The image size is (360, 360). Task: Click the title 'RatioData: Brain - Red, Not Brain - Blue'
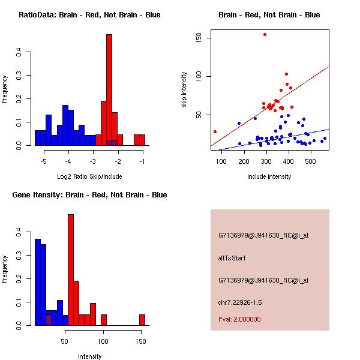pos(89,14)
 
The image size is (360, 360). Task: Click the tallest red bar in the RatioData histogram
pos(109,90)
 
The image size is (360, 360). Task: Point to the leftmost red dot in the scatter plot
pos(215,131)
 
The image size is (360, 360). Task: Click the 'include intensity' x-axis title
pos(269,176)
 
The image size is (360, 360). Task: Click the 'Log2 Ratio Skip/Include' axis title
pos(89,176)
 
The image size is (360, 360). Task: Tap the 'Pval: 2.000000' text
pos(239,319)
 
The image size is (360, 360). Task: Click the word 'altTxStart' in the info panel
pos(232,258)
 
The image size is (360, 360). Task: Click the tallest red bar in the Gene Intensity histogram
pos(71,270)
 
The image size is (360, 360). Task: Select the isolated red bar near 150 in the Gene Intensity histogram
pos(142,320)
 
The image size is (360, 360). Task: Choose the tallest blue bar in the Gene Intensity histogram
pos(37,282)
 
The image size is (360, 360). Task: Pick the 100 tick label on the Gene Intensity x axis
pos(103,341)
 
